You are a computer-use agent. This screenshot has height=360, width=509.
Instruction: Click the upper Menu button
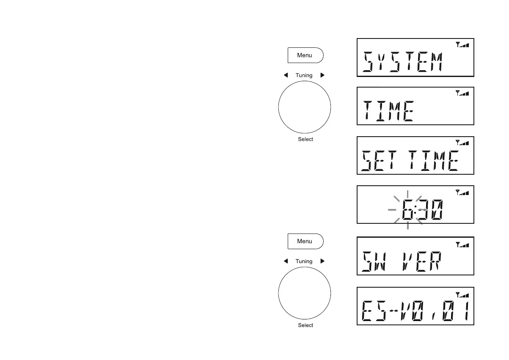point(305,55)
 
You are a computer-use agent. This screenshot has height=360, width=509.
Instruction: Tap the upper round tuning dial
point(305,107)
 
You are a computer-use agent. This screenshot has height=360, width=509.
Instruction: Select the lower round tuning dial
point(305,293)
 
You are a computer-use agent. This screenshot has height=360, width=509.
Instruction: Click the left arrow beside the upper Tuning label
point(286,75)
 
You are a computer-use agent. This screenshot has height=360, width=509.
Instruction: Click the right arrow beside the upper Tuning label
point(322,75)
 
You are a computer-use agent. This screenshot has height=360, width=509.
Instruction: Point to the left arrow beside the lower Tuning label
point(286,261)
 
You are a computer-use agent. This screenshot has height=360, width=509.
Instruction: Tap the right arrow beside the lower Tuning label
point(322,261)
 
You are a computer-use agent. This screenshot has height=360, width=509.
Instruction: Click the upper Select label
point(305,139)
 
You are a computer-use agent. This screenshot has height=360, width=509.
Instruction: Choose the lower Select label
point(305,325)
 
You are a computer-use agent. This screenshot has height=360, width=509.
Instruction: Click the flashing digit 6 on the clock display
point(408,210)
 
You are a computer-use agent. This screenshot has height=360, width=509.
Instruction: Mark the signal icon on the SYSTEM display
point(462,44)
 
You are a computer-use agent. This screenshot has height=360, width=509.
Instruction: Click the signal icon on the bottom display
point(462,294)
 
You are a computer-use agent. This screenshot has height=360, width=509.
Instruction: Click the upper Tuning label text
point(304,75)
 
